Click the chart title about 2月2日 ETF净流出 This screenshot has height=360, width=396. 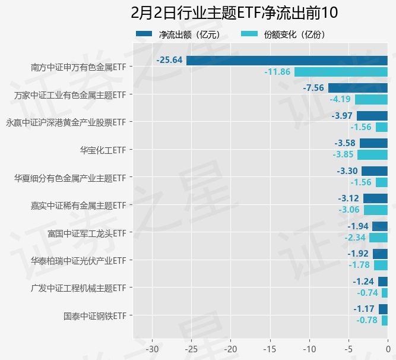pyautogui.click(x=235, y=13)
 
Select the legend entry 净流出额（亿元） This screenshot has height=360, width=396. pyautogui.click(x=179, y=34)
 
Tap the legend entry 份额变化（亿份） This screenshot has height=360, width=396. pyautogui.click(x=284, y=34)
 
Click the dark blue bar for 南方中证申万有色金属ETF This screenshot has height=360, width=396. pyautogui.click(x=287, y=61)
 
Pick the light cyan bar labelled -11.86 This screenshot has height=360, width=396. pyautogui.click(x=341, y=72)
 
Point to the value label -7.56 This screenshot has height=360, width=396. pyautogui.click(x=313, y=88)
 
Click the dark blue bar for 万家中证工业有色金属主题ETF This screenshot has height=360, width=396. pyautogui.click(x=357, y=88)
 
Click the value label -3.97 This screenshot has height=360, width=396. pyautogui.click(x=343, y=115)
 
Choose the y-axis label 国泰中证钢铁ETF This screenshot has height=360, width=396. pyautogui.click(x=95, y=315)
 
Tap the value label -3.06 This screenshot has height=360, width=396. pyautogui.click(x=349, y=210)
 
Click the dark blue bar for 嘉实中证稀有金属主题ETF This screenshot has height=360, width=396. pyautogui.click(x=375, y=198)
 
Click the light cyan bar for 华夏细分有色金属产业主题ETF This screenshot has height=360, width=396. pyautogui.click(x=381, y=182)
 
